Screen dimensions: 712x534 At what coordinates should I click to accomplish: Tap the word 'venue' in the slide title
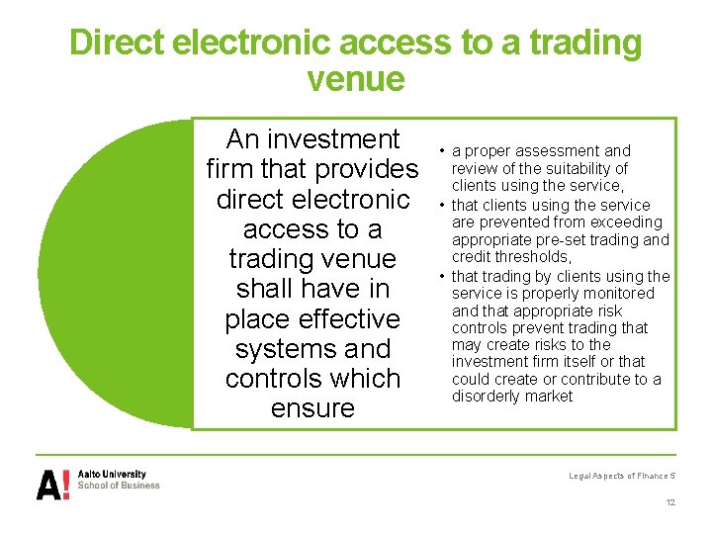[x=356, y=79]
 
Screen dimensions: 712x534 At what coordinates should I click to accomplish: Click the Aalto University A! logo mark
[x=53, y=484]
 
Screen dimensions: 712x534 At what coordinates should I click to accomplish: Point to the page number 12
[x=670, y=503]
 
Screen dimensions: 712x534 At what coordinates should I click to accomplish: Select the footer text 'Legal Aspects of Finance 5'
[x=620, y=476]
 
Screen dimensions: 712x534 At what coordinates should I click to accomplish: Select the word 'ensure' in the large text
[x=312, y=408]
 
